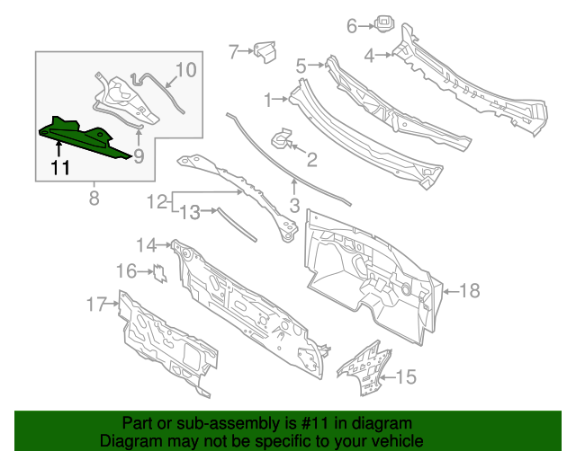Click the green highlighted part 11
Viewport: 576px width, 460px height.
(85, 138)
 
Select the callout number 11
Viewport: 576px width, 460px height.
(59, 168)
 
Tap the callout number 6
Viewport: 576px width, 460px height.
(352, 26)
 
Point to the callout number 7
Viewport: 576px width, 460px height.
(233, 52)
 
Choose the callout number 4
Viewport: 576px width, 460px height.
(369, 56)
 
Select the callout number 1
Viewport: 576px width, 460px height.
(267, 99)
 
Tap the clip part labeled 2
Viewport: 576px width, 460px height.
(282, 138)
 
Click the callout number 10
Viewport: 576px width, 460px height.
(184, 70)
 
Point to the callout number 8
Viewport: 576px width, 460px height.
(94, 198)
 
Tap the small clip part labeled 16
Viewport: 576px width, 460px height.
(159, 271)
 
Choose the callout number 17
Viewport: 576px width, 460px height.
(96, 305)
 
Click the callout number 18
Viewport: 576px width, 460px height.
(470, 290)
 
